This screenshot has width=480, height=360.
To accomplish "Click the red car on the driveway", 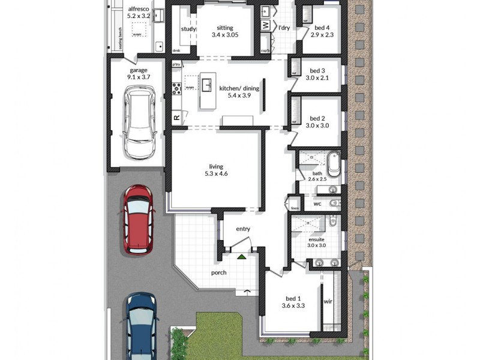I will pyautogui.click(x=138, y=219).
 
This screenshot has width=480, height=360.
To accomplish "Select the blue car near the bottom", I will pyautogui.click(x=142, y=327).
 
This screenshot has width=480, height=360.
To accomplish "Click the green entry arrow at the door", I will pyautogui.click(x=241, y=256).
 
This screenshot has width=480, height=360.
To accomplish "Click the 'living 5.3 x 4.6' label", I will pyautogui.click(x=215, y=170).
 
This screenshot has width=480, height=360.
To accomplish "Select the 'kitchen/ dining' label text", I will pyautogui.click(x=239, y=89).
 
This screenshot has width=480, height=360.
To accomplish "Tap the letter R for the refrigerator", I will pyautogui.click(x=177, y=118).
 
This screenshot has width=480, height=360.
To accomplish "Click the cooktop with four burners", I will pyautogui.click(x=177, y=89).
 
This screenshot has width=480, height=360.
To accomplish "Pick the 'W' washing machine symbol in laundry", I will pyautogui.click(x=265, y=25).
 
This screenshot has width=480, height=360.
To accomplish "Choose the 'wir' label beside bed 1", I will pyautogui.click(x=328, y=302).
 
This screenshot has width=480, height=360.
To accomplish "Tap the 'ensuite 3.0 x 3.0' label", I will pyautogui.click(x=316, y=241).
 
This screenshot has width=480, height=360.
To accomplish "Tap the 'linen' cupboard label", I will pyautogui.click(x=295, y=208).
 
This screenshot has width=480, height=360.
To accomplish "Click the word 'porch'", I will pyautogui.click(x=218, y=272).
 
